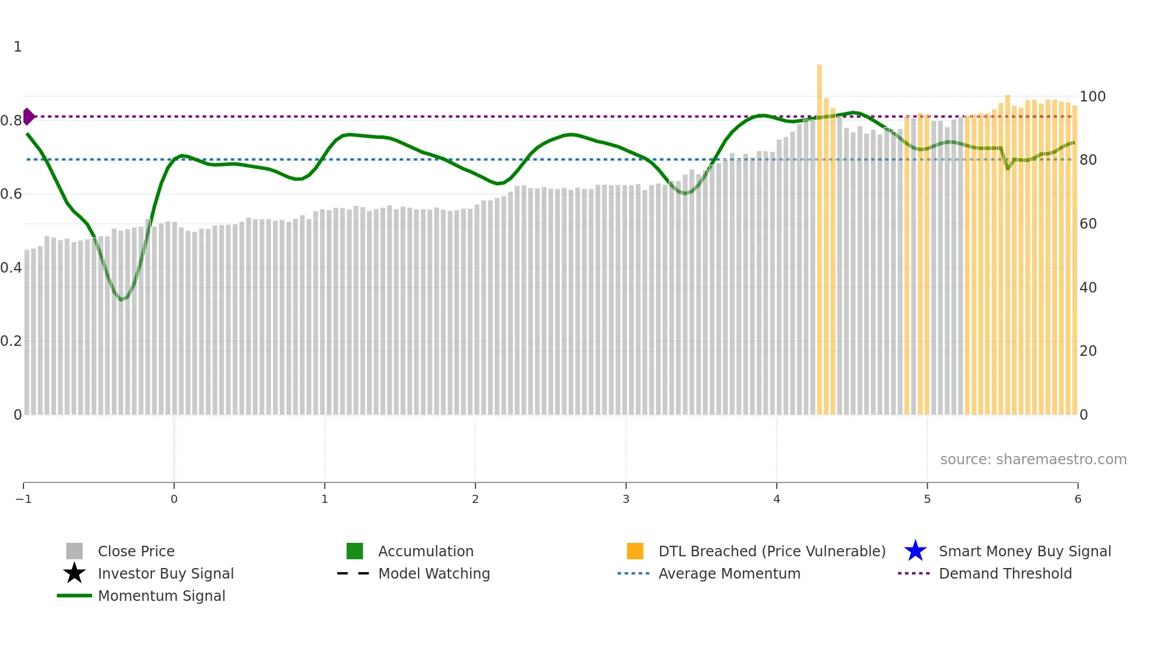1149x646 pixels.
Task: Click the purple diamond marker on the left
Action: tap(28, 117)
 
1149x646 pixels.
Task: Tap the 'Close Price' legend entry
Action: tap(136, 551)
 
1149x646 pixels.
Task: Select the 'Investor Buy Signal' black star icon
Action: tap(74, 573)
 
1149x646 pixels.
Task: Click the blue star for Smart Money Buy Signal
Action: tap(915, 551)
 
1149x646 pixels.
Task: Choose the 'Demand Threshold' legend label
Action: tap(1005, 573)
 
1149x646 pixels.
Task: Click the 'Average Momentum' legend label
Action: tap(729, 573)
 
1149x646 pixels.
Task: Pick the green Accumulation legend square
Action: tap(355, 551)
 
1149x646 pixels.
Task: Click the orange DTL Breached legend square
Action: tap(635, 551)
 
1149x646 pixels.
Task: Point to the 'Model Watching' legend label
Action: tap(434, 573)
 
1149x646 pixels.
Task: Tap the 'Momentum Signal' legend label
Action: tap(161, 596)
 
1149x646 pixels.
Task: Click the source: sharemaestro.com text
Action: tap(1033, 459)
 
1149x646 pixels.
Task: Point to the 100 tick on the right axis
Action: tap(1092, 96)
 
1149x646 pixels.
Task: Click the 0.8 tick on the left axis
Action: tap(11, 121)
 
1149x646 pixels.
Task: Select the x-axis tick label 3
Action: tap(626, 499)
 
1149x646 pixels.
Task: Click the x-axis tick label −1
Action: tap(23, 499)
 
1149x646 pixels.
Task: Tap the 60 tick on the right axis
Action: tap(1088, 224)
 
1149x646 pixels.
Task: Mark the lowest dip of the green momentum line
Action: tap(121, 300)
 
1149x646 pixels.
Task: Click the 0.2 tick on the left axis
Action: tap(11, 341)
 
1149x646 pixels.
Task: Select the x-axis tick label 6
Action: tap(1077, 499)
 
